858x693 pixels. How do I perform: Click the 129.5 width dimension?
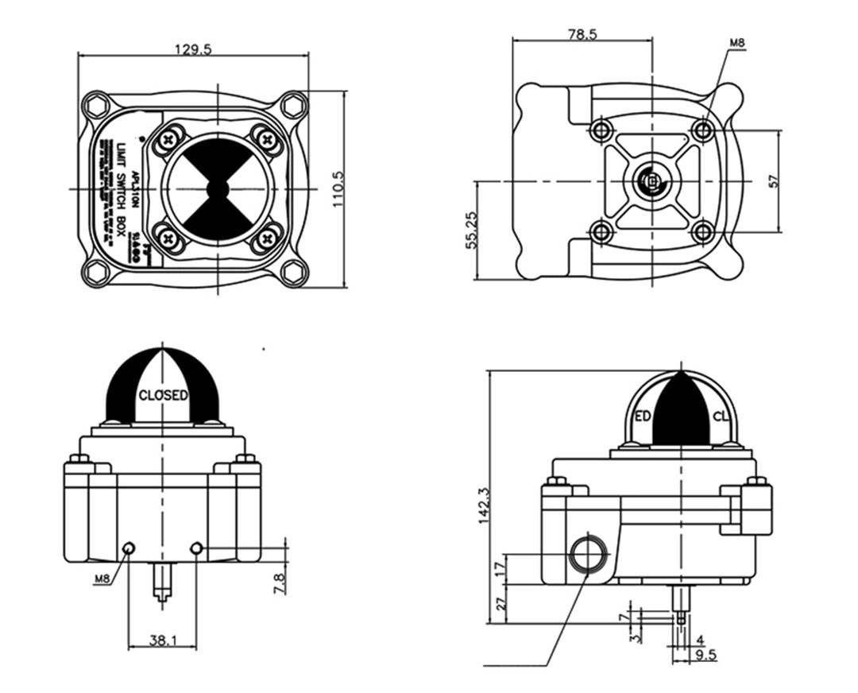click(x=193, y=48)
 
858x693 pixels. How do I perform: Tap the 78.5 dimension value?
click(x=582, y=34)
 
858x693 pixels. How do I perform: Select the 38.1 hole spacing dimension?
click(x=162, y=638)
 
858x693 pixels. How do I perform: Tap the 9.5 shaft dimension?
click(x=706, y=656)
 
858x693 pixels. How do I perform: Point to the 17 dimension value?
click(x=499, y=569)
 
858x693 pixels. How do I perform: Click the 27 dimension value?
click(x=499, y=605)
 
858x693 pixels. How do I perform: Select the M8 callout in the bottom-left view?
click(x=102, y=579)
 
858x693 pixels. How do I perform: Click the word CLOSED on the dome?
click(x=164, y=394)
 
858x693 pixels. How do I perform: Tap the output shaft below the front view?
click(x=163, y=584)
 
